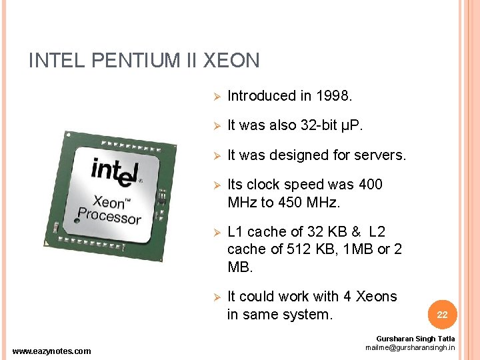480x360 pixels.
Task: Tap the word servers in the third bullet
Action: pos(379,155)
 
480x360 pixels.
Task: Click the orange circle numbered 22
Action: pos(441,314)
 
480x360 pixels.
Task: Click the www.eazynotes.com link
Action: pos(52,351)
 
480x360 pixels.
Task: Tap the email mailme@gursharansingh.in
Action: pos(410,347)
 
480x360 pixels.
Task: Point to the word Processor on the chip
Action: pos(109,217)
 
